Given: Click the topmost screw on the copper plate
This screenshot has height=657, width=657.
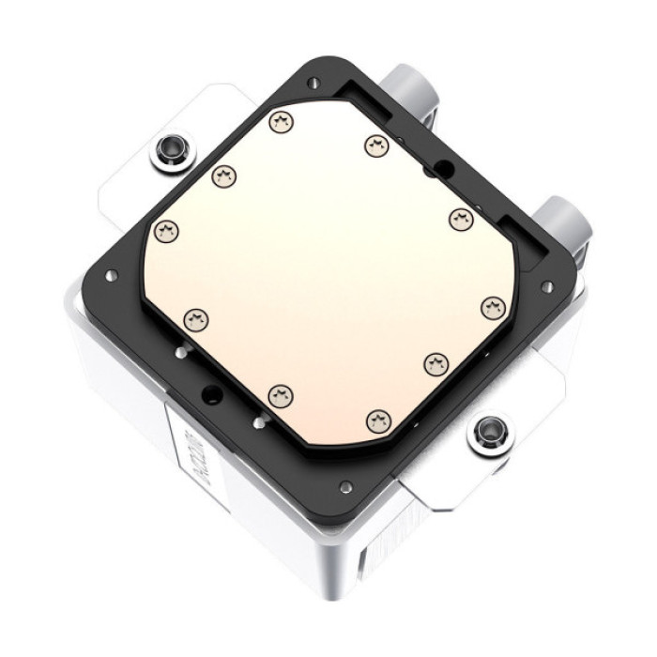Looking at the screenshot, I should tap(279, 121).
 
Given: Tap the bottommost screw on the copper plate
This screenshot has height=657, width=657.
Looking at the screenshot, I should tap(377, 422).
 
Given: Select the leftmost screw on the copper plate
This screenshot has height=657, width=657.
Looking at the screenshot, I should tap(166, 230).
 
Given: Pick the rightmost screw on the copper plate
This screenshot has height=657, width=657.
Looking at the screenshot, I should tap(493, 307).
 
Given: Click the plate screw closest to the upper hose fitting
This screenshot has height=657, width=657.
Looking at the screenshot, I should tap(376, 145).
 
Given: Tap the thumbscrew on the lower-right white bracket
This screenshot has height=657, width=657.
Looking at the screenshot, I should tap(487, 433).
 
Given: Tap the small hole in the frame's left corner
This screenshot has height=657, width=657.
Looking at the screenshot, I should tap(111, 276).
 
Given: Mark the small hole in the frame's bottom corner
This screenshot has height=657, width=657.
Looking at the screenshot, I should tap(346, 486).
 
